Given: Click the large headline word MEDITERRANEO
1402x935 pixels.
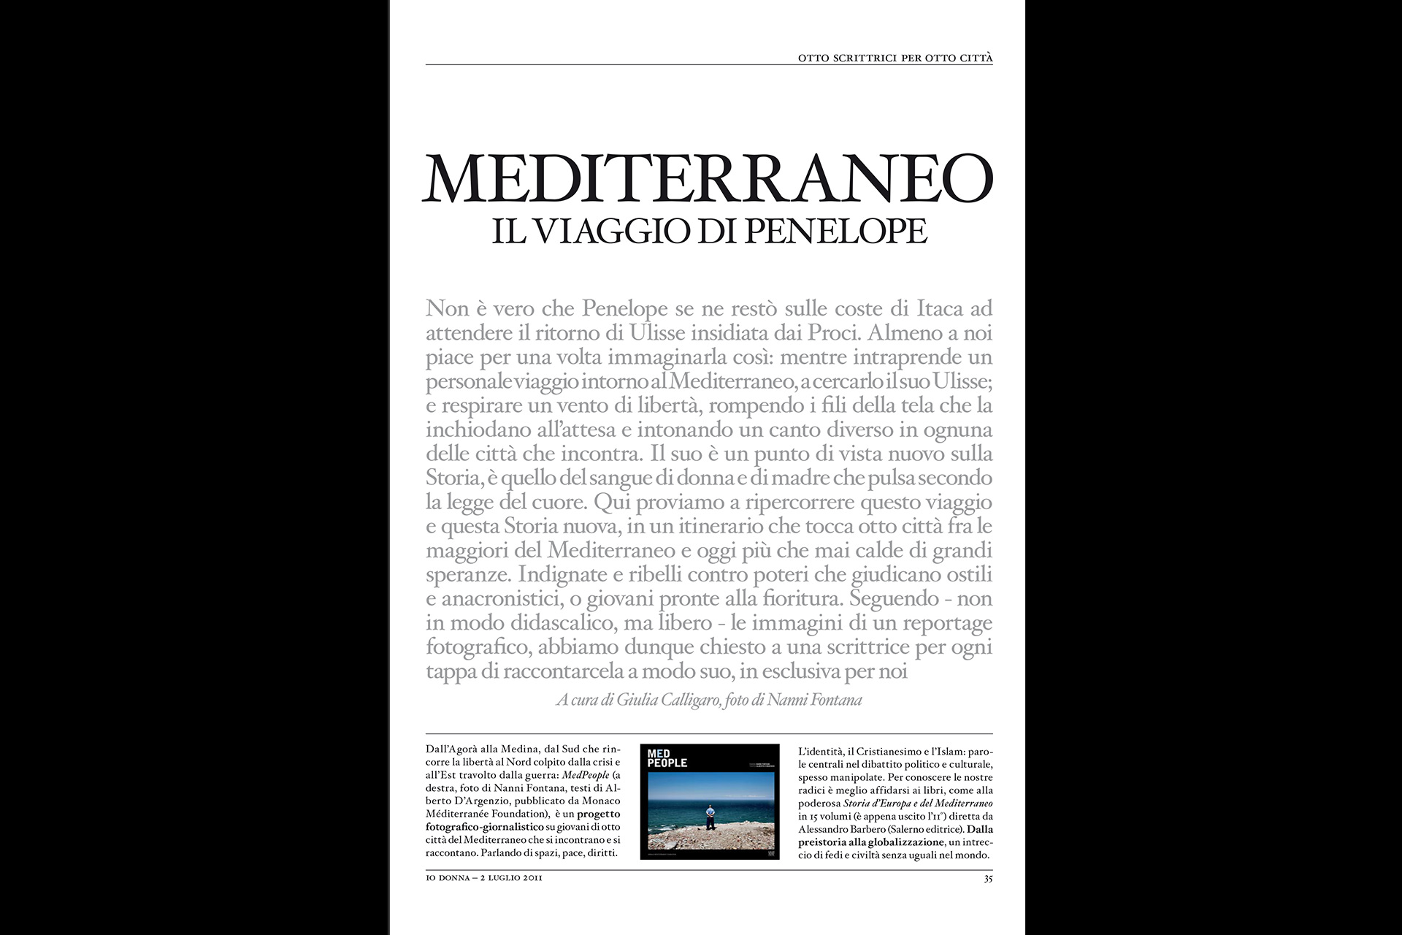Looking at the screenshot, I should click(x=708, y=179).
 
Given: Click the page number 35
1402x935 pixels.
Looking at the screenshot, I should click(x=988, y=879).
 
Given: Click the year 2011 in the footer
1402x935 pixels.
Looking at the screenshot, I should click(x=532, y=878).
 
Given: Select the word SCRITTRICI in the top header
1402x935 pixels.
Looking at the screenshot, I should click(x=865, y=58).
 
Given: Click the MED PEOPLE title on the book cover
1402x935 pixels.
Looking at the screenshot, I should click(x=667, y=758).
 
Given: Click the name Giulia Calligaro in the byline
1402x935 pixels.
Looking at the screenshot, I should click(x=668, y=700).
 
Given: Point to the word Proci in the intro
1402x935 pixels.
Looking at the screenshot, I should click(x=835, y=333).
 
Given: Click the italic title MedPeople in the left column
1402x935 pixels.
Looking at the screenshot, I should click(x=586, y=775).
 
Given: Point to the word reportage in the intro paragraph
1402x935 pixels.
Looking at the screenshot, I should click(x=947, y=623).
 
